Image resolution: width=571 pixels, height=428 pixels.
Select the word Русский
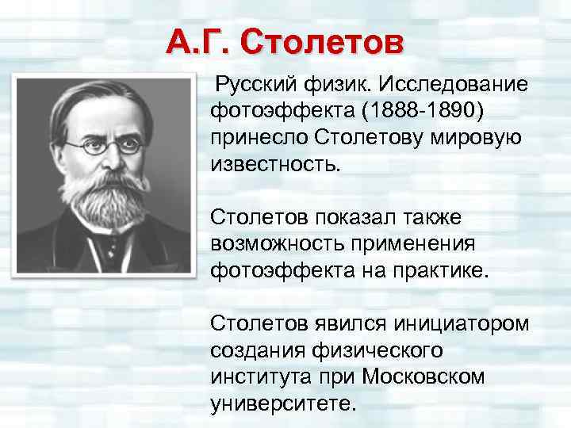click(x=260, y=84)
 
